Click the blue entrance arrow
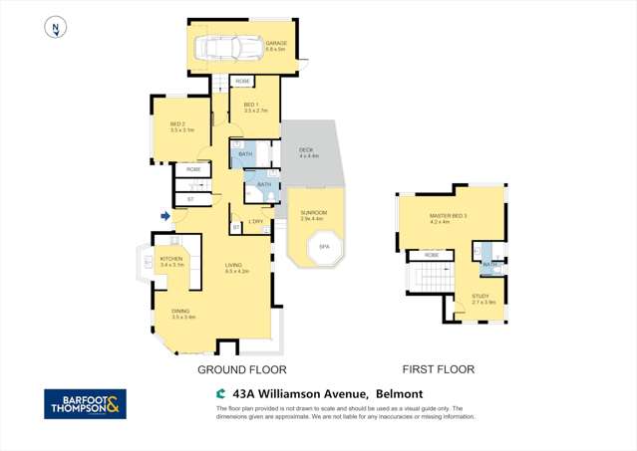pos(165,215)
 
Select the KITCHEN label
pos(172,261)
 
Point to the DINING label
pos(182,314)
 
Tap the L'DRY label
pos(256,221)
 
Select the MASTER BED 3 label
pos(449,218)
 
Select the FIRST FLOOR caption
pos(440,369)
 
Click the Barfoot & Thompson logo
pos(85,404)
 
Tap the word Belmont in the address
pos(401,393)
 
